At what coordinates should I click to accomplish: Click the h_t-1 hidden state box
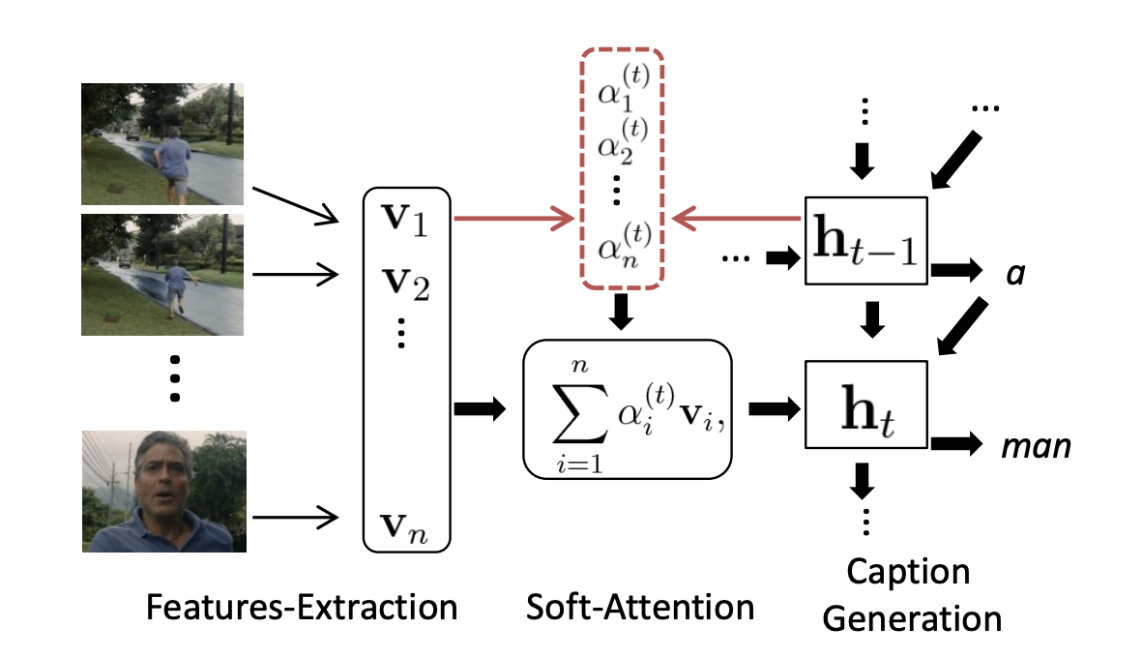[x=866, y=240]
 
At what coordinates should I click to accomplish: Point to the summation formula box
[x=626, y=408]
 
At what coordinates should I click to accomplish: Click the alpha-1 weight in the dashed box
[x=622, y=92]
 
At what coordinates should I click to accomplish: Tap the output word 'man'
[x=1037, y=448]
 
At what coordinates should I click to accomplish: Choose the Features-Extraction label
[x=302, y=608]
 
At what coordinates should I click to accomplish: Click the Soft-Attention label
[x=640, y=608]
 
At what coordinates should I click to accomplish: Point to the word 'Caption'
[x=908, y=572]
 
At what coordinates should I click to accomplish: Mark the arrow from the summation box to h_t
[x=770, y=407]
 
